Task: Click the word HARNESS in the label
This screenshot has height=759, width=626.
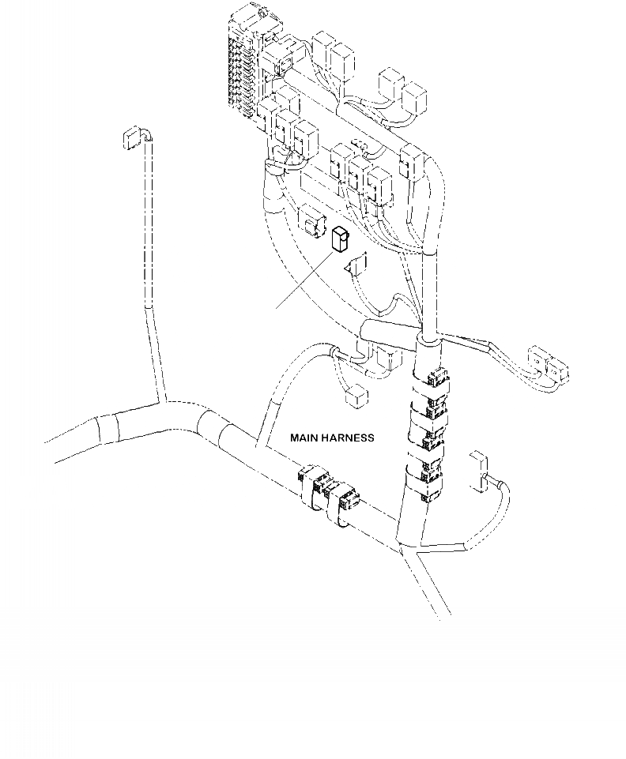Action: [347, 437]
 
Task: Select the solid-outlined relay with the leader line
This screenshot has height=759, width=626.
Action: [341, 239]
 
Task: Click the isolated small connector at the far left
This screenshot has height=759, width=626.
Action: [128, 137]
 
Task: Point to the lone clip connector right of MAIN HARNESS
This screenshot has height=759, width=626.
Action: [478, 470]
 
